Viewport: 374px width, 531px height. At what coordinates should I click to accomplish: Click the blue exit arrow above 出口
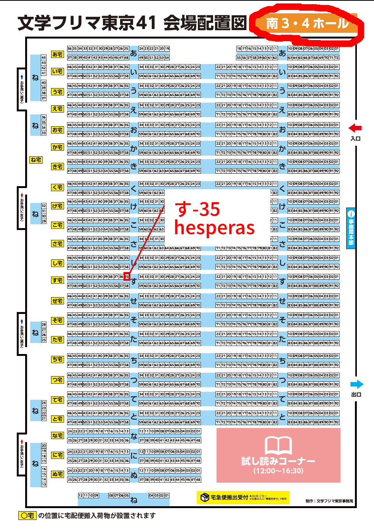(x=357, y=384)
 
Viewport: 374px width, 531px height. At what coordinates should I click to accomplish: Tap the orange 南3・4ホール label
(x=307, y=23)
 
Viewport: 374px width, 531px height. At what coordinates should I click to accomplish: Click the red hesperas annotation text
(x=214, y=228)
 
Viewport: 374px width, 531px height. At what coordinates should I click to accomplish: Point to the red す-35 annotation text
(x=197, y=209)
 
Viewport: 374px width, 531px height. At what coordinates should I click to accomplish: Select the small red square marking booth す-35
(x=127, y=277)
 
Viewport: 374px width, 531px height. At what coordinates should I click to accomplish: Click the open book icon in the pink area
(x=278, y=445)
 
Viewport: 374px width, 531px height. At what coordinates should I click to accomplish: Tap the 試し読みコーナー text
(x=278, y=461)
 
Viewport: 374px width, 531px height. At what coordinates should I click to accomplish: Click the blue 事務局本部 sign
(x=351, y=228)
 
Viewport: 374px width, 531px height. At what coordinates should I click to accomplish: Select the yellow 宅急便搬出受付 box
(x=243, y=497)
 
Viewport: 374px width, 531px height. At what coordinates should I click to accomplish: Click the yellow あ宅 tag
(x=58, y=55)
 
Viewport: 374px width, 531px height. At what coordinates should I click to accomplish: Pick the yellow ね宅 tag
(x=36, y=160)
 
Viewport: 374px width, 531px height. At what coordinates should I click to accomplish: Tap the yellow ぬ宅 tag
(x=58, y=474)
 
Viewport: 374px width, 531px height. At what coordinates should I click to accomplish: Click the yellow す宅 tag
(x=58, y=280)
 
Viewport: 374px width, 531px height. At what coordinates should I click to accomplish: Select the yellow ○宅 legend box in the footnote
(x=27, y=516)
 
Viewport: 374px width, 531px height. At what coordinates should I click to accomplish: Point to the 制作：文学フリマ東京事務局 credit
(x=329, y=501)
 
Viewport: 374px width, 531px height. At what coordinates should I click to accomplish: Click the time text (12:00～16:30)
(x=278, y=471)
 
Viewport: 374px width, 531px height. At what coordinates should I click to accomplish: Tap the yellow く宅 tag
(x=58, y=187)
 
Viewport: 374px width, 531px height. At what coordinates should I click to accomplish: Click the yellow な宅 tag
(x=58, y=436)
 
